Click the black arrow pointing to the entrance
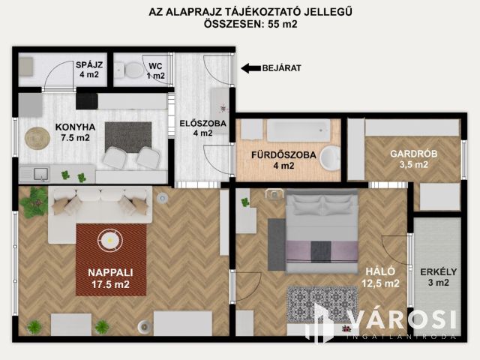pyautogui.click(x=251, y=68)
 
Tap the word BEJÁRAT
pyautogui.click(x=282, y=68)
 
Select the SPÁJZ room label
pyautogui.click(x=89, y=65)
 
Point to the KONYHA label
pyautogui.click(x=75, y=127)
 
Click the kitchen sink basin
pyautogui.click(x=41, y=174)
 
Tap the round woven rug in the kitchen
pyautogui.click(x=37, y=138)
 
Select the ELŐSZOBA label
pyautogui.click(x=202, y=123)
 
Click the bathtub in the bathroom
pyautogui.click(x=298, y=130)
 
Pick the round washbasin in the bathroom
pyautogui.click(x=330, y=157)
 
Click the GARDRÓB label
pyautogui.click(x=413, y=154)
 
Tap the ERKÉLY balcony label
pyautogui.click(x=438, y=271)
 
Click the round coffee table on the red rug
pyautogui.click(x=110, y=240)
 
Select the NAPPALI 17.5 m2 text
pyautogui.click(x=110, y=278)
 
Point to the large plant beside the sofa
pyautogui.click(x=34, y=202)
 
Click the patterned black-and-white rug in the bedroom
pyautogui.click(x=322, y=304)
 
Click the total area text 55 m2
pyautogui.click(x=283, y=24)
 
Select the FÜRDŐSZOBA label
pyautogui.click(x=283, y=155)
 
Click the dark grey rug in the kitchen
pyautogui.click(x=128, y=137)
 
